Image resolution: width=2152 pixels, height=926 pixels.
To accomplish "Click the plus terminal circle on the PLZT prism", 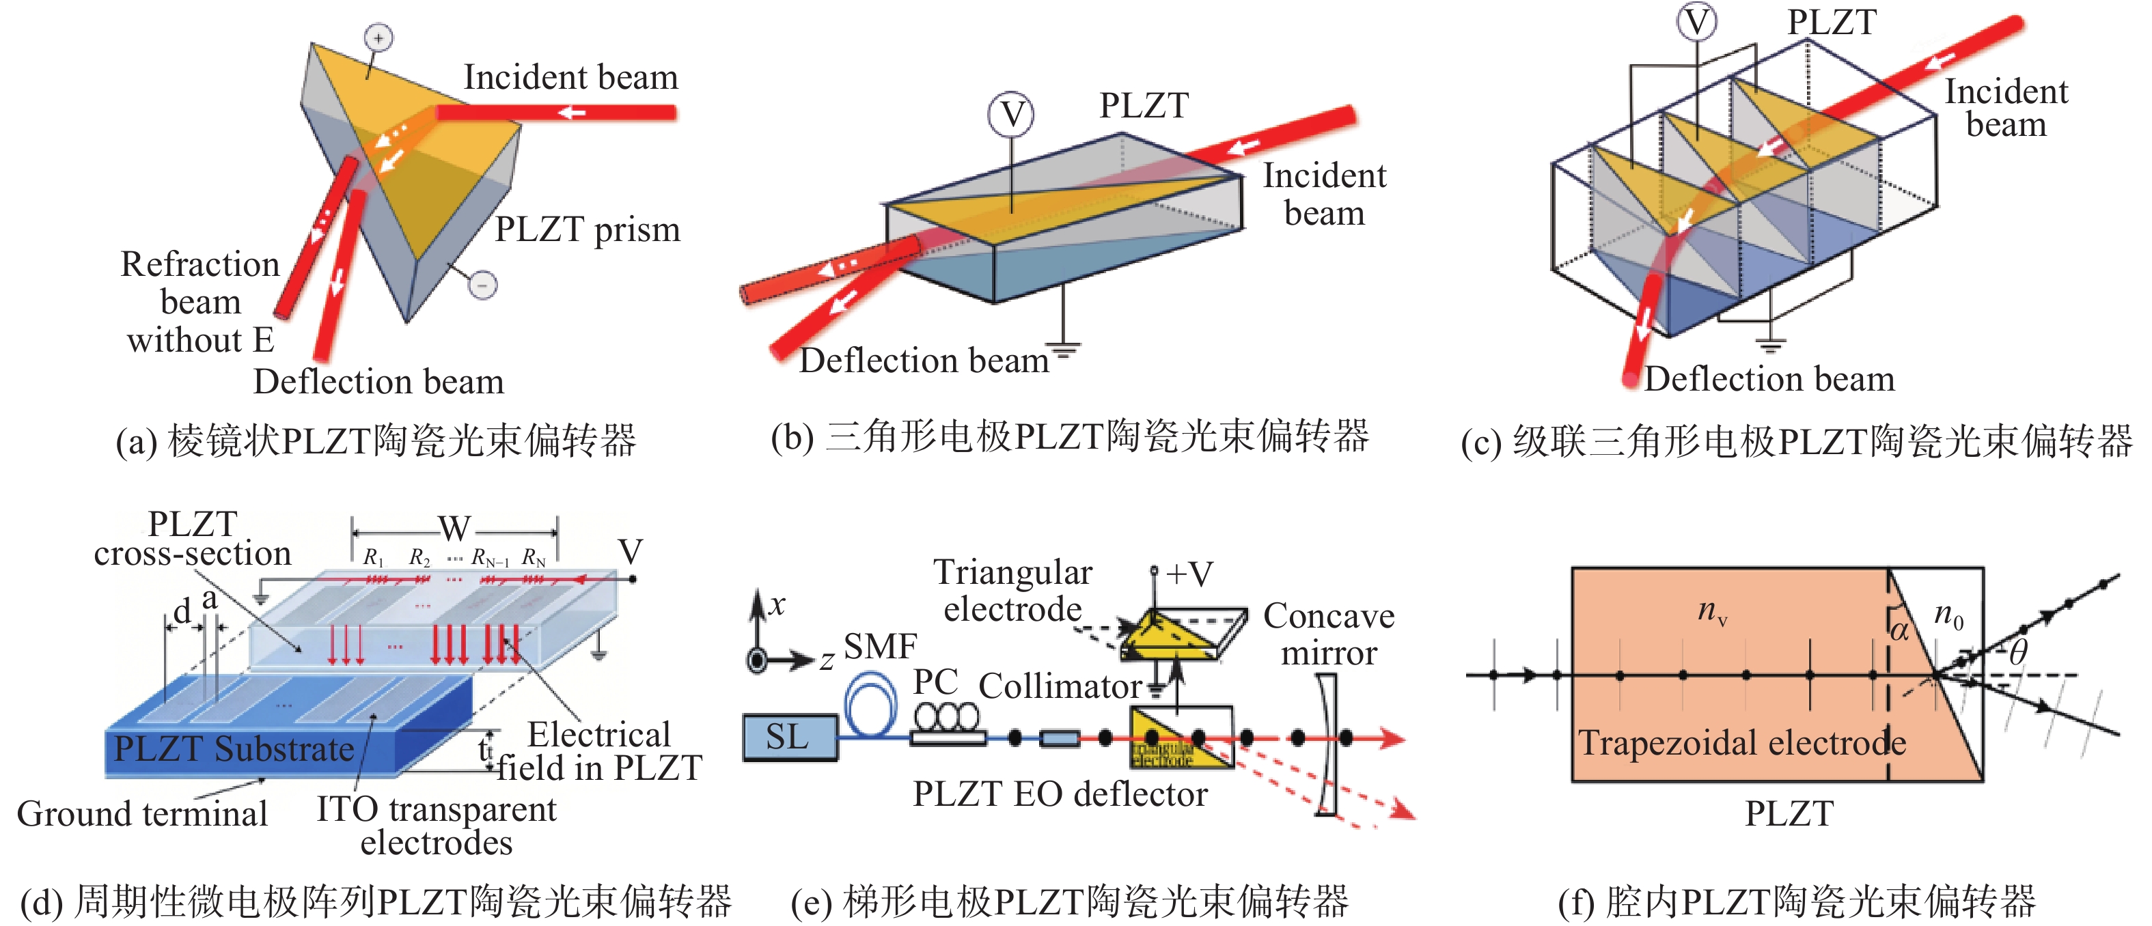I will pos(378,38).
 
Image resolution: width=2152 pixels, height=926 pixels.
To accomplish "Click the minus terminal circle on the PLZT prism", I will pos(483,285).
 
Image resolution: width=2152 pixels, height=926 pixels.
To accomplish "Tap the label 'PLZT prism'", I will pos(588,229).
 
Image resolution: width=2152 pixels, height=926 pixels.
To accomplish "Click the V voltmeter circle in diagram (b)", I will pos(1011,115).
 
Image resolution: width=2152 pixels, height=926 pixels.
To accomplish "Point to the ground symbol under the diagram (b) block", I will pos(1064,348).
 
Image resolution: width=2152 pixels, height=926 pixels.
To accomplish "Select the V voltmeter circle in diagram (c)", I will pos(1697,22).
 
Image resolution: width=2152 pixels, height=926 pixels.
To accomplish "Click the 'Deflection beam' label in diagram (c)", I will pos(1769,380).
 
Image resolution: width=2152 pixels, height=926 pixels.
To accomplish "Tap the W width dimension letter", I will pos(454,529).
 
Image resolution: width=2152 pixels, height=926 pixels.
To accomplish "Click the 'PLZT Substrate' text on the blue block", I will pos(234,749).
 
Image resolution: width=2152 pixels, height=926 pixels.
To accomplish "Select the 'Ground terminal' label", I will pos(142,814).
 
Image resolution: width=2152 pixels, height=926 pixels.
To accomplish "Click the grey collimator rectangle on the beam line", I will pos(1060,738).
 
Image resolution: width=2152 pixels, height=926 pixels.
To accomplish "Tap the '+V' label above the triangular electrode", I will pos(1189,574).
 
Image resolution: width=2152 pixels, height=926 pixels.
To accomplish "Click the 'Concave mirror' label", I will pos(1328,634).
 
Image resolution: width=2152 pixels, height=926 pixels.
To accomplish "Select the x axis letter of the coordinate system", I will pos(777,604).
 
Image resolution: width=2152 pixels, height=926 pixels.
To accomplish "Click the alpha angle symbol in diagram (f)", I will pos(1900,629).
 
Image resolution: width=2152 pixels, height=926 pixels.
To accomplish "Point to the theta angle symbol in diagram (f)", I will pos(2018,651).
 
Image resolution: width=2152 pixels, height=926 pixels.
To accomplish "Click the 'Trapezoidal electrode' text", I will pos(1742,742).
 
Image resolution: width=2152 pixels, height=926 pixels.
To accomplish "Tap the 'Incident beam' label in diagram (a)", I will pos(570,78).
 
